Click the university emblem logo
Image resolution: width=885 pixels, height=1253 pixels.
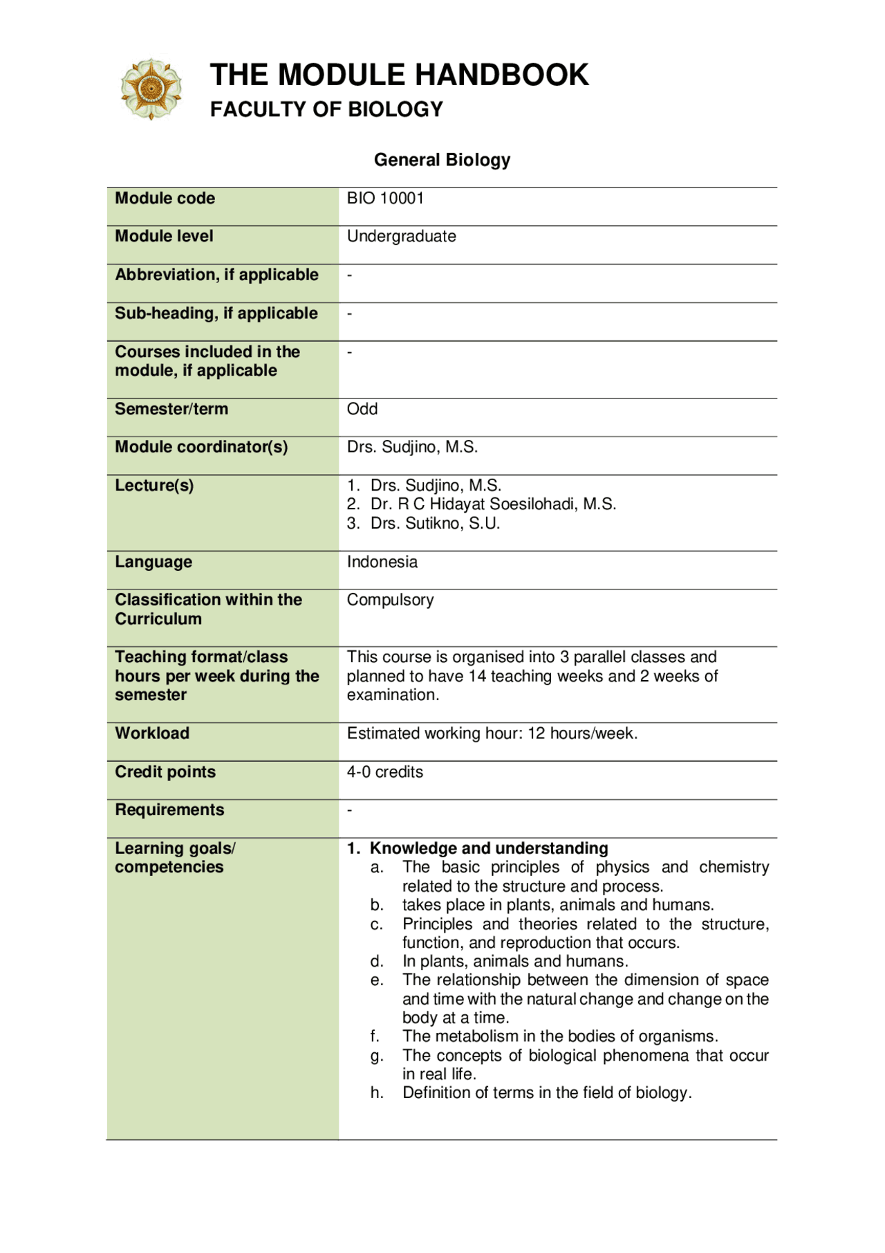(x=151, y=89)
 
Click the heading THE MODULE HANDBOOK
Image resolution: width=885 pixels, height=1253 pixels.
(x=399, y=75)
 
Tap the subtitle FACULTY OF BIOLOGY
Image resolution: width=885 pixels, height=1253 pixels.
(x=326, y=109)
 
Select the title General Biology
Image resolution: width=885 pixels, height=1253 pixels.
(x=442, y=160)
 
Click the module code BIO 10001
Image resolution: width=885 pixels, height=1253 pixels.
(x=385, y=199)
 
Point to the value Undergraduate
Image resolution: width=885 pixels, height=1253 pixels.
(x=401, y=237)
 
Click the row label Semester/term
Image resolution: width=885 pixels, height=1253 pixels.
(x=171, y=409)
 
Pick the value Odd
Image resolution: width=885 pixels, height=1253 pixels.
(x=362, y=409)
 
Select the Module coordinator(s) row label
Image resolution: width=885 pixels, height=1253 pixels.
(x=201, y=447)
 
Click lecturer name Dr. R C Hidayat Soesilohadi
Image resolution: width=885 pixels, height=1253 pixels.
(x=492, y=504)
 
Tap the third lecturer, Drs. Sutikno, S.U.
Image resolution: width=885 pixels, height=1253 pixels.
(x=434, y=524)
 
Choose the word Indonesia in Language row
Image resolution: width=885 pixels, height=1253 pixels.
(x=382, y=562)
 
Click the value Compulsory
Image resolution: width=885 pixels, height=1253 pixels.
(x=390, y=600)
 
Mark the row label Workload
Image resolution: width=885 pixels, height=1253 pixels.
(x=152, y=733)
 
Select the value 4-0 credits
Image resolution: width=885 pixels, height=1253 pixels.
(x=384, y=772)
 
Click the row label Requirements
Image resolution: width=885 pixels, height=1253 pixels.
(x=169, y=810)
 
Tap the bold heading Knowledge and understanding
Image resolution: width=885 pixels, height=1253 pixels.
(x=488, y=848)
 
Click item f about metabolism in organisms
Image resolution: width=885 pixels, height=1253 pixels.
(x=559, y=1036)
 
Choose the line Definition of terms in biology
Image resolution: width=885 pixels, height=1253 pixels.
(x=546, y=1093)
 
